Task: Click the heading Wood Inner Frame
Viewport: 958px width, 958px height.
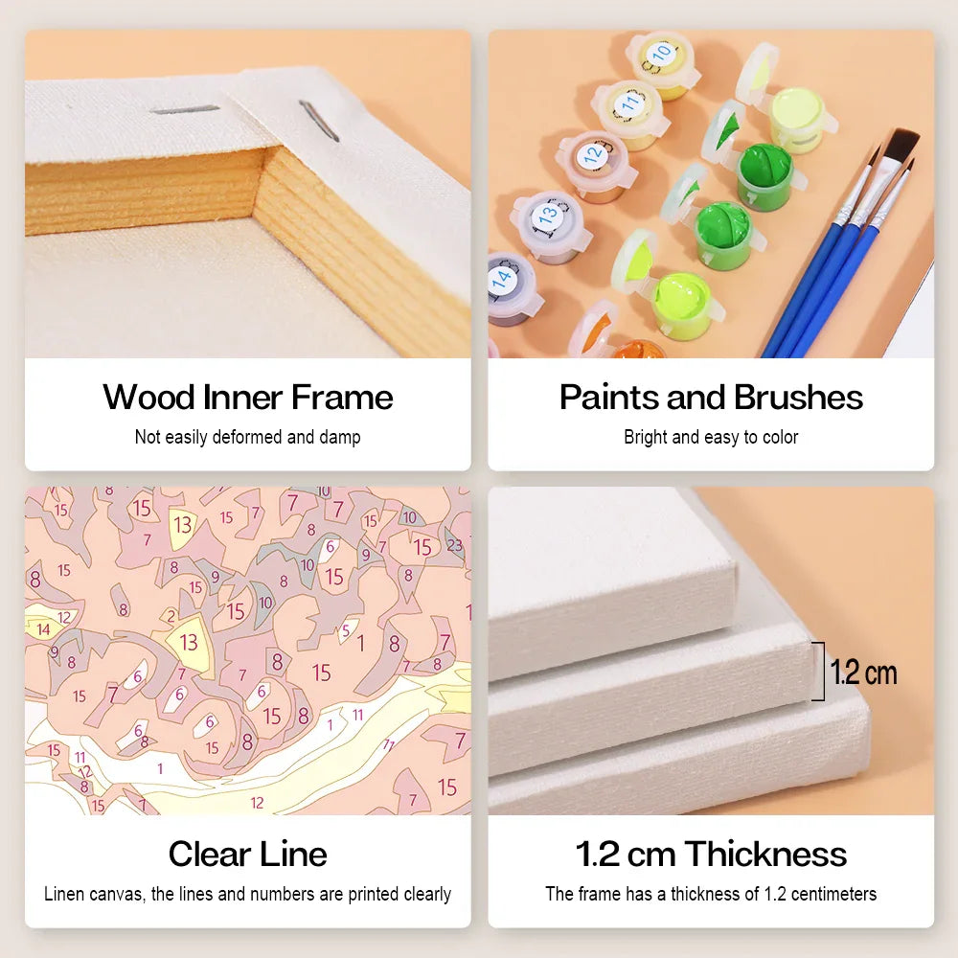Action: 248,398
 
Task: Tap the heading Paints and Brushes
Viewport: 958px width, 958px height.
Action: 711,398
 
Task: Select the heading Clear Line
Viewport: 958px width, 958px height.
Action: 248,854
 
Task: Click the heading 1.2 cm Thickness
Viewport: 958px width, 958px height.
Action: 711,854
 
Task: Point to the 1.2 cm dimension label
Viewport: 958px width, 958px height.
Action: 863,673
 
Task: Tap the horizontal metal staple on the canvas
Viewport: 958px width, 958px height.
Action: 185,110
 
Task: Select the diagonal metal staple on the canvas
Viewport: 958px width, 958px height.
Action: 319,121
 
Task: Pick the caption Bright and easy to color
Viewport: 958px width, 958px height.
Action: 711,438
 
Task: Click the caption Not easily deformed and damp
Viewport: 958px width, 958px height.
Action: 248,438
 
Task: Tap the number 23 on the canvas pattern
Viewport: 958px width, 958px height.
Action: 454,545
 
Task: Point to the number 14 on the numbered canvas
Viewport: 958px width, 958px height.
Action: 43,629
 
